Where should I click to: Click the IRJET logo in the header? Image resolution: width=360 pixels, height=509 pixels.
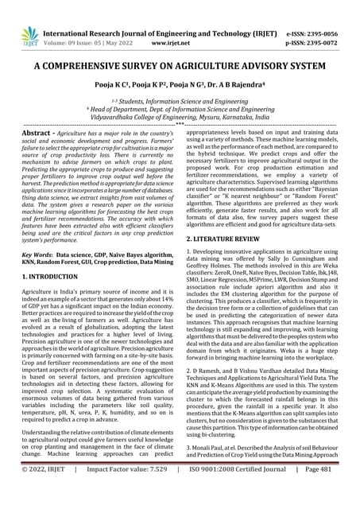tap(29, 34)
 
